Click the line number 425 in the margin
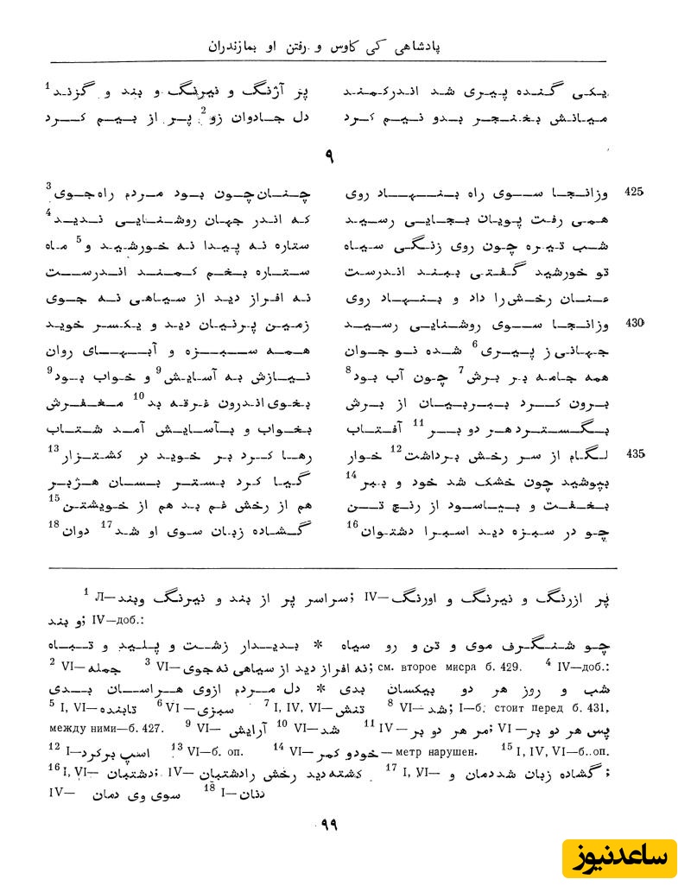point(634,192)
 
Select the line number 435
point(635,453)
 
